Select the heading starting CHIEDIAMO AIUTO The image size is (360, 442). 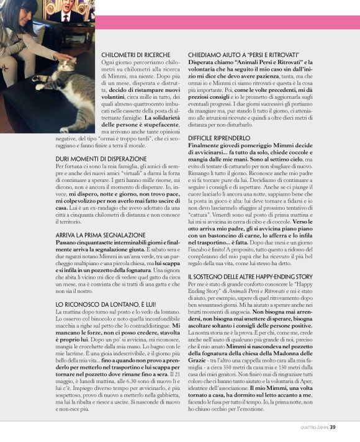pyautogui.click(x=245, y=55)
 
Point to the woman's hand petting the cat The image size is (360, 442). pyautogui.click(x=64, y=56)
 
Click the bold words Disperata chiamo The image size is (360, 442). pyautogui.click(x=208, y=63)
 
